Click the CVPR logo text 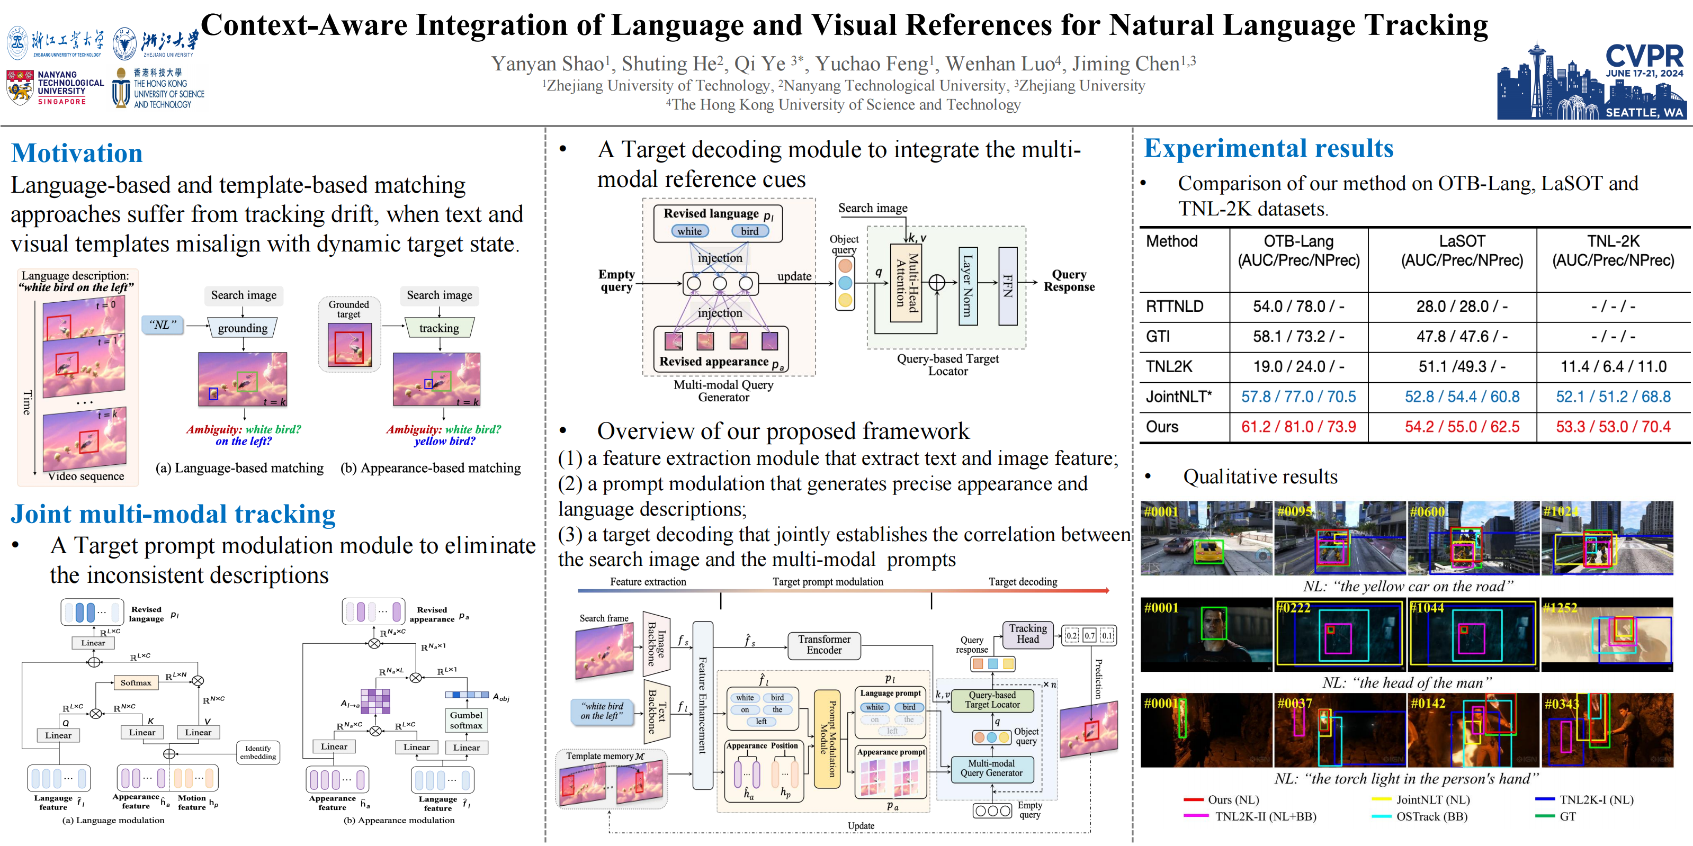(1644, 55)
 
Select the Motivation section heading (77, 153)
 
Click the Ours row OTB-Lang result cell (1298, 427)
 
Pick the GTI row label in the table (1158, 336)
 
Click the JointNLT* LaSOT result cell (1462, 397)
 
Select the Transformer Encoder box (824, 644)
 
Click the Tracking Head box (1028, 634)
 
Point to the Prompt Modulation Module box (828, 739)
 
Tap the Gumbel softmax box (466, 720)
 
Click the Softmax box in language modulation (136, 682)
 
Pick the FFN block (1008, 286)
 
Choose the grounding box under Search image (243, 328)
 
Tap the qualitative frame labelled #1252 (1607, 634)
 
